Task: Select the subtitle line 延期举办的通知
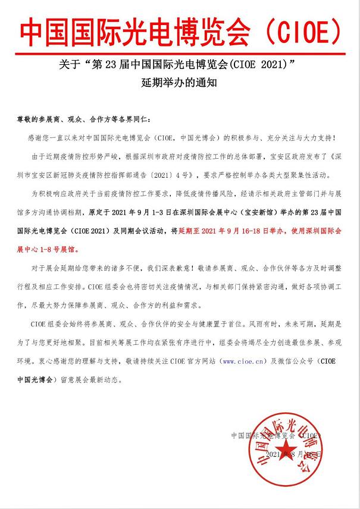tap(180, 84)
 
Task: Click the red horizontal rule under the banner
tap(180, 52)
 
